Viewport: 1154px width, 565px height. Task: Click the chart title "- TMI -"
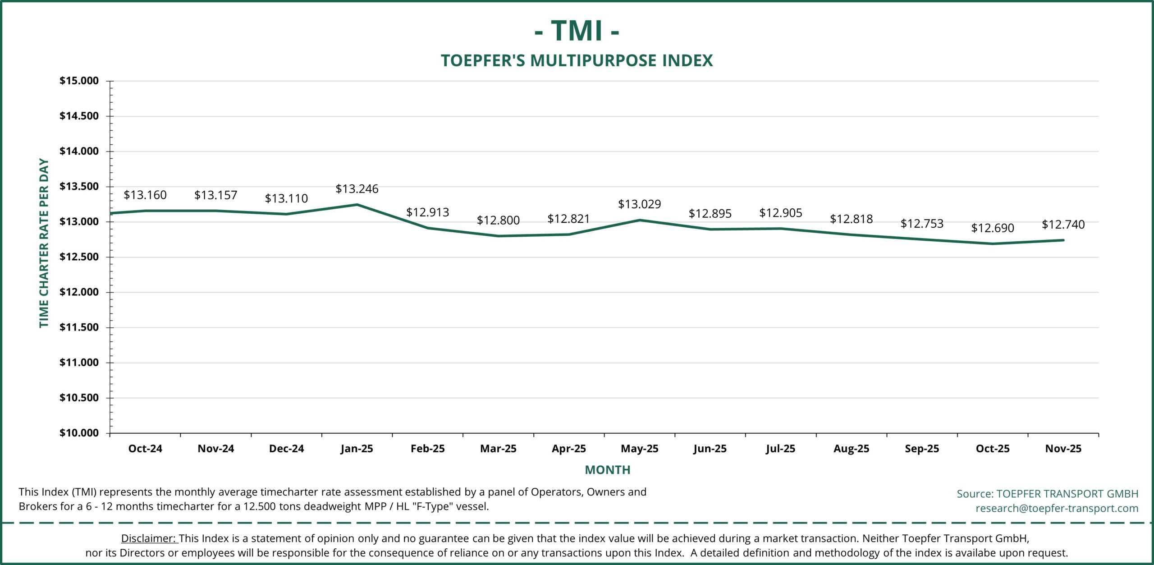pyautogui.click(x=577, y=31)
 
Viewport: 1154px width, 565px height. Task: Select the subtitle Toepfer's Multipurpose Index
pyautogui.click(x=577, y=60)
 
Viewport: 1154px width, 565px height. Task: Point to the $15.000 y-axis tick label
pyautogui.click(x=79, y=81)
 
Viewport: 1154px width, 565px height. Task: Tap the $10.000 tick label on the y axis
pyautogui.click(x=79, y=433)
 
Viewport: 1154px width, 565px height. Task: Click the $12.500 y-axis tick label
pyautogui.click(x=79, y=257)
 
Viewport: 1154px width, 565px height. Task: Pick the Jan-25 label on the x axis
pyautogui.click(x=357, y=449)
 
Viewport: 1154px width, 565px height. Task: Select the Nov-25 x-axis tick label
pyautogui.click(x=1063, y=449)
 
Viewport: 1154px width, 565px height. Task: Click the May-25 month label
pyautogui.click(x=639, y=449)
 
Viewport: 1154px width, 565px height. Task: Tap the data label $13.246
pyautogui.click(x=357, y=189)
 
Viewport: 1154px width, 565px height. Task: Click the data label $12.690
pyautogui.click(x=992, y=228)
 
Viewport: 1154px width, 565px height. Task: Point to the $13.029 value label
pyautogui.click(x=639, y=204)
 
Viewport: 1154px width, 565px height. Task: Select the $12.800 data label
pyautogui.click(x=498, y=220)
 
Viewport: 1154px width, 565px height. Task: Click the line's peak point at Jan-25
pyautogui.click(x=357, y=205)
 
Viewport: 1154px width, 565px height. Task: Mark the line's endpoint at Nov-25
pyautogui.click(x=1063, y=240)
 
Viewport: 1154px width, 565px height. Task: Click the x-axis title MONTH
pyautogui.click(x=607, y=470)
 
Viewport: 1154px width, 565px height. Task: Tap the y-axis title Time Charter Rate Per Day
pyautogui.click(x=44, y=243)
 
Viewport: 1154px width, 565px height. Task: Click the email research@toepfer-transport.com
pyautogui.click(x=1057, y=508)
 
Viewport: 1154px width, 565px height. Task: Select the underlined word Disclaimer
pyautogui.click(x=148, y=538)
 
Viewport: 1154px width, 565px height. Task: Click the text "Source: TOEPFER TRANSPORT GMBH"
pyautogui.click(x=1047, y=494)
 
